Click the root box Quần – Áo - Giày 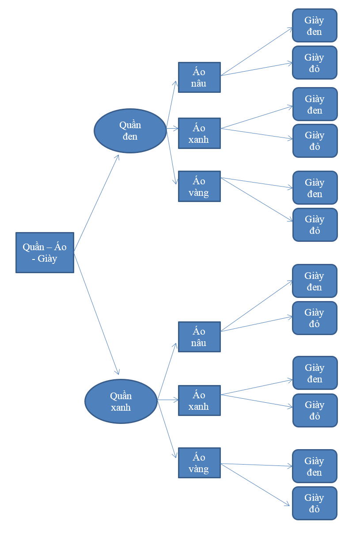[x=45, y=252]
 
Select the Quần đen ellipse [x=130, y=131]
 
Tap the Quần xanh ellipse [x=121, y=401]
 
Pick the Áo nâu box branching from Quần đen [x=199, y=77]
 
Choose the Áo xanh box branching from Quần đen [x=199, y=133]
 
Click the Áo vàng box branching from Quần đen [x=199, y=187]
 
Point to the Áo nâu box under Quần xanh [x=199, y=337]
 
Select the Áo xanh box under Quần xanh [x=199, y=400]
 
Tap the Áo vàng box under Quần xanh [x=199, y=463]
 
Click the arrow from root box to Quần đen [x=96, y=203]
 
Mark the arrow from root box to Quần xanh [x=96, y=313]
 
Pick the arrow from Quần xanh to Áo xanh [x=168, y=400]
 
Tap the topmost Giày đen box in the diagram [x=315, y=26]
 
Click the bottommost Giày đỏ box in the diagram [x=315, y=503]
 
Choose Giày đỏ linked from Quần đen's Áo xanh [x=315, y=141]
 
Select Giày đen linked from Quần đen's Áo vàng [x=315, y=188]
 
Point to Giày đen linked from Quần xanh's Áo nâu [x=315, y=281]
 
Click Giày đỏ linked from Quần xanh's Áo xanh [x=315, y=411]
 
